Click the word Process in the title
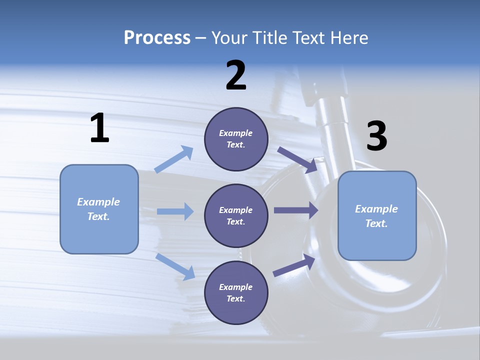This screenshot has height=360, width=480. pos(157,37)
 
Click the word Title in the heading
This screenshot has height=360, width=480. pos(269,37)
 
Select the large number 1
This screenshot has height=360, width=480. pos(99,128)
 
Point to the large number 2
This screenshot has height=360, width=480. pos(236,75)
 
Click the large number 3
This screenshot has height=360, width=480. pos(376,136)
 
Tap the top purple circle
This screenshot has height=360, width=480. pos(236,139)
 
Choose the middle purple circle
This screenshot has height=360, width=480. pos(236,216)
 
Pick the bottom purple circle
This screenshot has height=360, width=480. pos(236,293)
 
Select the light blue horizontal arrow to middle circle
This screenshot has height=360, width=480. pos(175,211)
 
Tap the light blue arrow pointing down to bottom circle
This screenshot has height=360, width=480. pos(175,266)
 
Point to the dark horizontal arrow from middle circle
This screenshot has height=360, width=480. pos(296,210)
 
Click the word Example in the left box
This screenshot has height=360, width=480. pos(98,202)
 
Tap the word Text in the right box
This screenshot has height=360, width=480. pos(375,223)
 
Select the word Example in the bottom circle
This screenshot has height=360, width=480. pos(235,287)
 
